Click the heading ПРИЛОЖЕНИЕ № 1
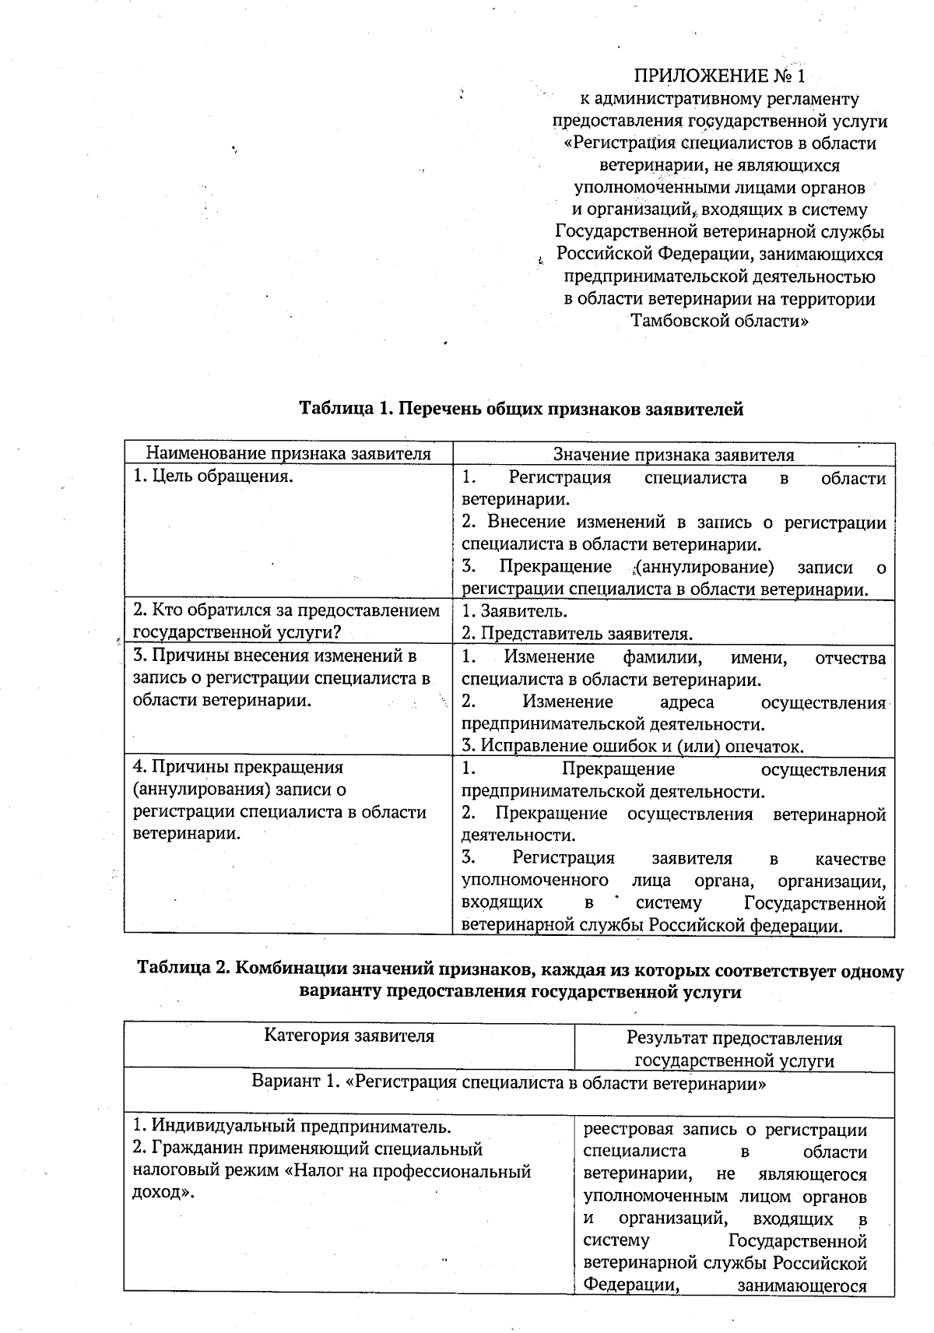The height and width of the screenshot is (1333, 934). tap(718, 76)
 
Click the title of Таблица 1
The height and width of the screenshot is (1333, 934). tap(521, 409)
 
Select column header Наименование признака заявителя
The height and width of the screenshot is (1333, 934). tap(289, 454)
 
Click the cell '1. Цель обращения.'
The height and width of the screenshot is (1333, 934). tap(213, 477)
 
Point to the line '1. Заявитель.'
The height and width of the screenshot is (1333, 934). tap(514, 611)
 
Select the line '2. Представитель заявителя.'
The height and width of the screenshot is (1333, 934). tap(577, 633)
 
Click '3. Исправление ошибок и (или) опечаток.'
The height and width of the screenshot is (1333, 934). tap(632, 746)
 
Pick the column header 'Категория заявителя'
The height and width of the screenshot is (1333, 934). tap(349, 1036)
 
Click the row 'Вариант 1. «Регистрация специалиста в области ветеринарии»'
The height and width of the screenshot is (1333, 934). tap(509, 1083)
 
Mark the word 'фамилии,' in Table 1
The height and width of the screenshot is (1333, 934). tap(663, 658)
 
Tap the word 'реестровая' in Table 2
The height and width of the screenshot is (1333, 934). tap(627, 1130)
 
